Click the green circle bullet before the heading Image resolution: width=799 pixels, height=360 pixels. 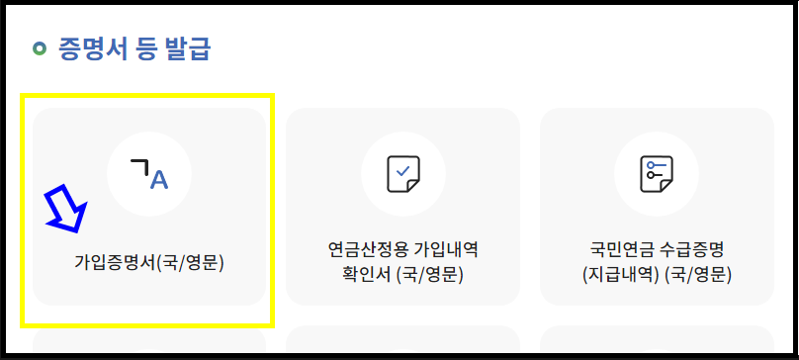[40, 47]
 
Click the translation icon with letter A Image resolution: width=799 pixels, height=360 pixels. [149, 174]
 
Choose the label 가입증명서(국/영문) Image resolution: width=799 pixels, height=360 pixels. [149, 264]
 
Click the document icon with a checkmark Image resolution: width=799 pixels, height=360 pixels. [402, 174]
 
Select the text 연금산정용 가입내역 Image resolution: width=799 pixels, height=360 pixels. [402, 248]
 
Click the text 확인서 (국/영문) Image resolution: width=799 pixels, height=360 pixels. [402, 273]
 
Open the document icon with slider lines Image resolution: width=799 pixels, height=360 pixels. [656, 174]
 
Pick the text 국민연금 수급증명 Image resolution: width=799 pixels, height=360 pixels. [656, 248]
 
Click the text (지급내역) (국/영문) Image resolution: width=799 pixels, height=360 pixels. [656, 273]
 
